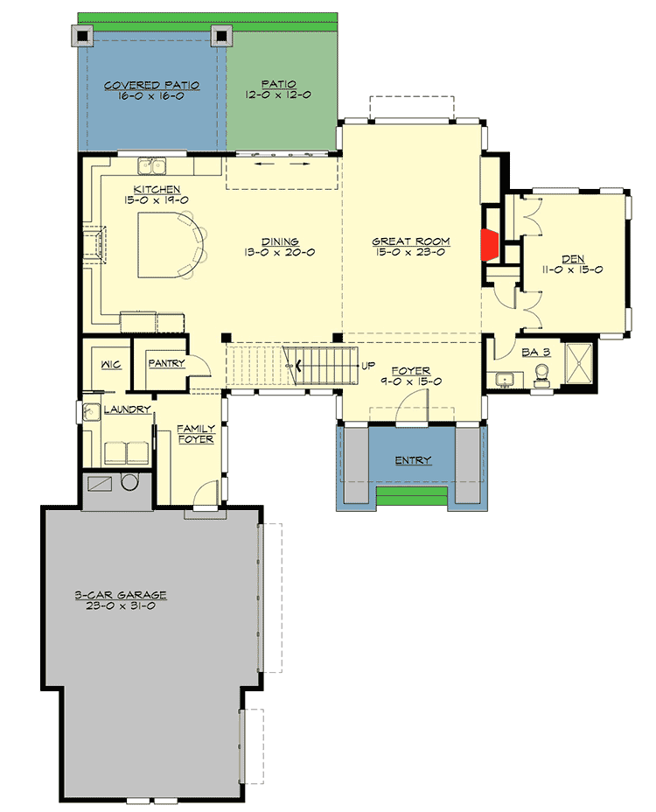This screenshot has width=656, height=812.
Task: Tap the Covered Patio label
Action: click(x=151, y=86)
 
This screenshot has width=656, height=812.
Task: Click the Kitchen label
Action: click(x=157, y=189)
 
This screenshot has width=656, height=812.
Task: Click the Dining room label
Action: click(x=280, y=241)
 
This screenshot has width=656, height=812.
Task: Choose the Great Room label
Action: click(x=410, y=241)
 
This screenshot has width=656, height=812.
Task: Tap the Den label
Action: click(x=573, y=258)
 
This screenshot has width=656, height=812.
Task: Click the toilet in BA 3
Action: click(x=542, y=374)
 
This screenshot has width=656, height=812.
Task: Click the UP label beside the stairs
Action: click(x=368, y=365)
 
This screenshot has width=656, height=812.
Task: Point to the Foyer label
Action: click(x=410, y=370)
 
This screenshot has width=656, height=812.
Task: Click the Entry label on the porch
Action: click(x=413, y=460)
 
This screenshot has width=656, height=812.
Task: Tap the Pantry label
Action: click(x=165, y=362)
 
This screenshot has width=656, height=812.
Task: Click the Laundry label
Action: click(x=128, y=409)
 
